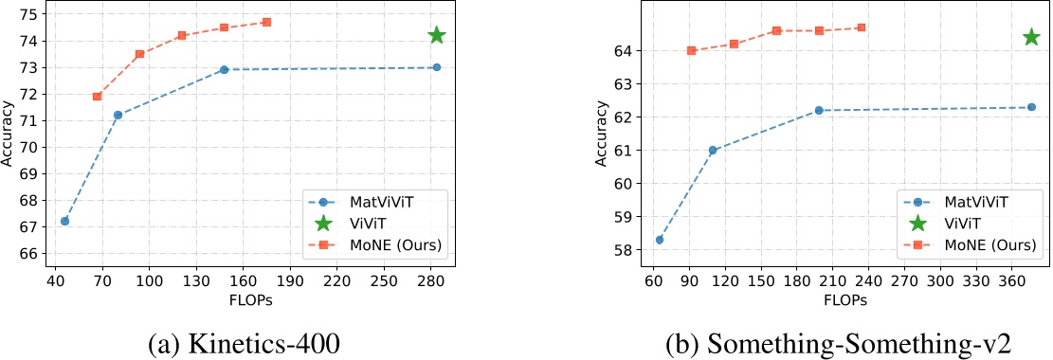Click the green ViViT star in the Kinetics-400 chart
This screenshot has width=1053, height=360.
[437, 35]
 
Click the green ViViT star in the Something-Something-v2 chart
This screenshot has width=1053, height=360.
[1031, 37]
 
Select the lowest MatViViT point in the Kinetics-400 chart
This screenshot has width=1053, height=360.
[64, 221]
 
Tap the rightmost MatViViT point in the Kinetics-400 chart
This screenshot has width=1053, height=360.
[437, 67]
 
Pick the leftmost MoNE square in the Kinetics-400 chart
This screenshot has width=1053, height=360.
[97, 97]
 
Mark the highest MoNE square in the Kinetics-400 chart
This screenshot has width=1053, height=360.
[266, 22]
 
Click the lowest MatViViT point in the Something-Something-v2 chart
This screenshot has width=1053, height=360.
[660, 240]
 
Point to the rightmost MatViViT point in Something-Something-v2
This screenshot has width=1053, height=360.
[1031, 107]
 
